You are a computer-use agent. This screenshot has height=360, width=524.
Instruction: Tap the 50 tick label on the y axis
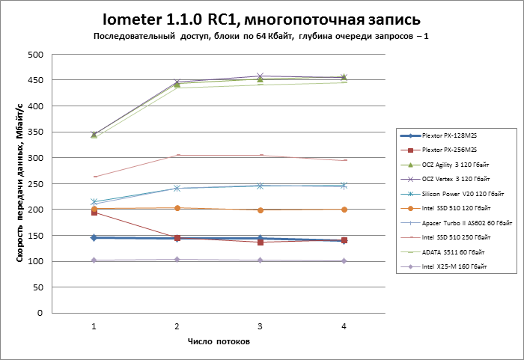(x=37, y=287)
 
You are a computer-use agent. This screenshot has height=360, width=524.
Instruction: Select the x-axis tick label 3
(x=260, y=326)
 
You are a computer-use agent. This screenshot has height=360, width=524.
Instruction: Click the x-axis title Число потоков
(x=219, y=341)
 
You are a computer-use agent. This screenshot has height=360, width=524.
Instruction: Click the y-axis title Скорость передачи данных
(x=18, y=184)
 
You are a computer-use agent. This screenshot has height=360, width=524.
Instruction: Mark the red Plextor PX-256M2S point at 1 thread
(x=94, y=213)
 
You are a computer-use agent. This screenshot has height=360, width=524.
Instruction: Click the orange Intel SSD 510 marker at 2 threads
(x=177, y=208)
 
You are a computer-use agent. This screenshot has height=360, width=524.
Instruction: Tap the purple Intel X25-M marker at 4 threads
(x=344, y=260)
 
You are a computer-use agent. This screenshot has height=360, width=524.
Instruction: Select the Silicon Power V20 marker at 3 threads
(x=260, y=185)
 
